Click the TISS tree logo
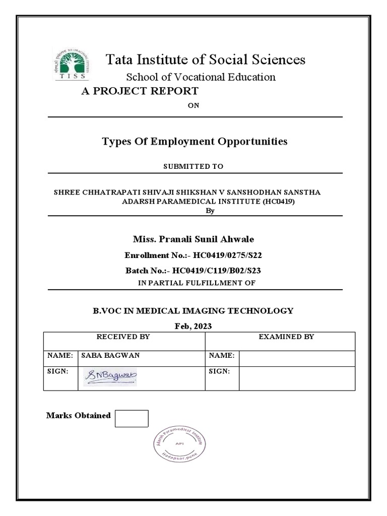71,65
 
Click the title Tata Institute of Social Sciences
206,59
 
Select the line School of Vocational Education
201,77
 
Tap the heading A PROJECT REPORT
137,91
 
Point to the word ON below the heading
194,105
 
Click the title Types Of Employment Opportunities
195,141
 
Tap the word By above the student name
211,211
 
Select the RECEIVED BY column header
123,337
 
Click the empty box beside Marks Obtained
132,418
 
